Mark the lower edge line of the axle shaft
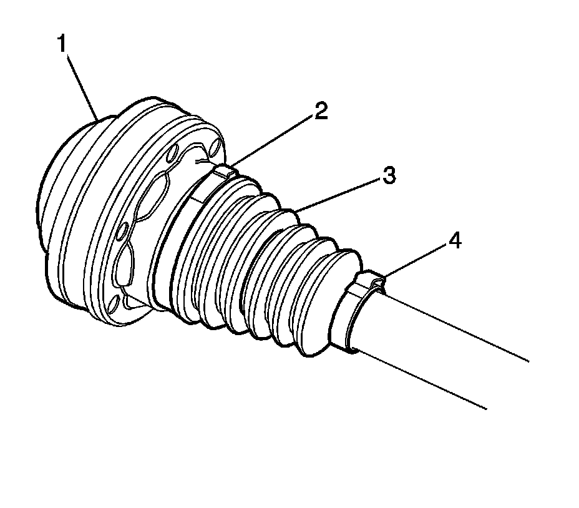point(424,381)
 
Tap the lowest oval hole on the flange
point(115,306)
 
